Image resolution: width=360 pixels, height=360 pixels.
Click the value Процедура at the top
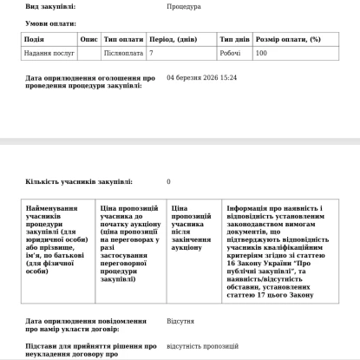click(184, 6)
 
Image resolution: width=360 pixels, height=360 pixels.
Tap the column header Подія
click(36, 39)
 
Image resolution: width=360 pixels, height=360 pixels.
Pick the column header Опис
click(88, 39)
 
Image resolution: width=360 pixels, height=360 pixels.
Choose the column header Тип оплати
click(123, 39)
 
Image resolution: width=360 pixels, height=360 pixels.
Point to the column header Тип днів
click(235, 39)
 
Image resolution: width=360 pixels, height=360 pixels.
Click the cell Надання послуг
click(48, 53)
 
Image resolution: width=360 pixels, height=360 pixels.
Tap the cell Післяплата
click(121, 53)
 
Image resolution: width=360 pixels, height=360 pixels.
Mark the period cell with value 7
click(152, 53)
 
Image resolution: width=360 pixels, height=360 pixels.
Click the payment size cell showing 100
click(261, 53)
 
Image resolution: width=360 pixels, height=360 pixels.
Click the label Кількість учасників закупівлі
click(79, 182)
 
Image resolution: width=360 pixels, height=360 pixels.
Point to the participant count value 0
click(168, 182)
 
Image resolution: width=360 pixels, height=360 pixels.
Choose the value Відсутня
click(180, 320)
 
